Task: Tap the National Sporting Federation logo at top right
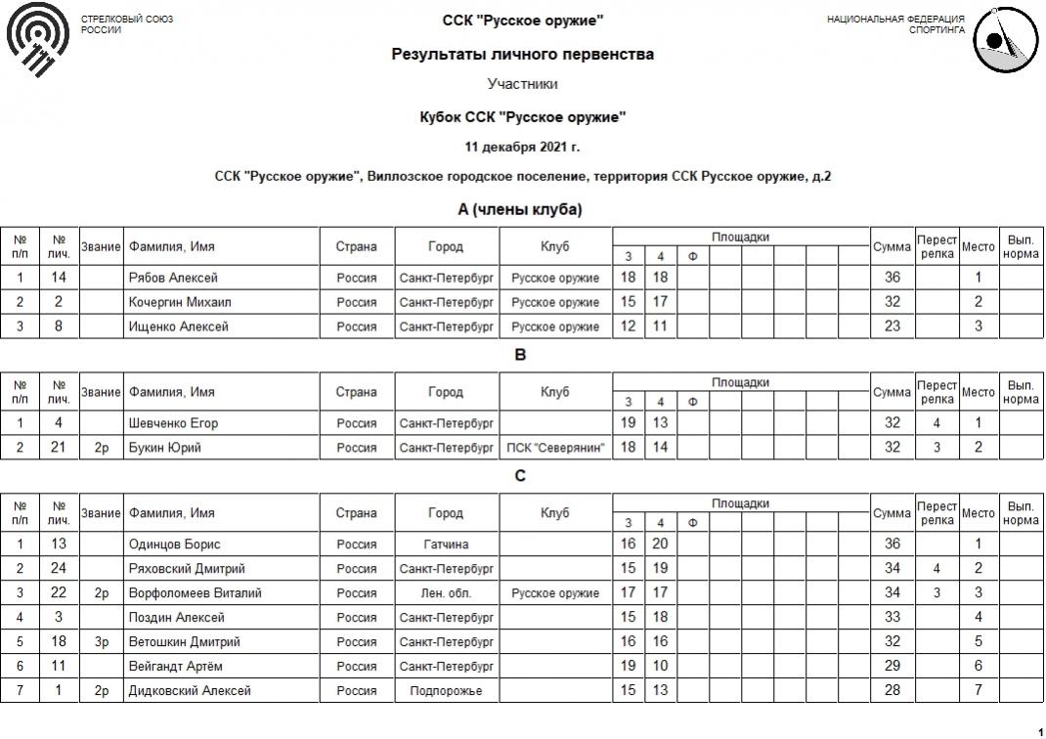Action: tap(1006, 40)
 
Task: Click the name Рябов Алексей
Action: tap(173, 278)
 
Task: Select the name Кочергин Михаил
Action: tap(180, 302)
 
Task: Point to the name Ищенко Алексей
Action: tap(178, 326)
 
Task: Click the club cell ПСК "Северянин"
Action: tap(555, 448)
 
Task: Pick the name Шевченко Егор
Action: tap(173, 423)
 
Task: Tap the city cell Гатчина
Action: tap(446, 544)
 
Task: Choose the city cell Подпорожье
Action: tap(446, 691)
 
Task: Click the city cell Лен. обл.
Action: tap(446, 593)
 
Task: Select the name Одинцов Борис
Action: tap(174, 544)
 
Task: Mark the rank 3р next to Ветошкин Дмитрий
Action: tap(101, 642)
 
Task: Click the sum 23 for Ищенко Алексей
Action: tap(892, 326)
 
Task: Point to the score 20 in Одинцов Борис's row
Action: tap(660, 544)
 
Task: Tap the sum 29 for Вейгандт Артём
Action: tap(892, 667)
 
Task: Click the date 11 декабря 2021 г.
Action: tap(522, 148)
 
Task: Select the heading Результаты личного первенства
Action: tap(522, 55)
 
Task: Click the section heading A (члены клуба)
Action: tap(520, 209)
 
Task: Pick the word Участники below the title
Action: tap(522, 84)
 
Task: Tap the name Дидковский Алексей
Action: tap(190, 691)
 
